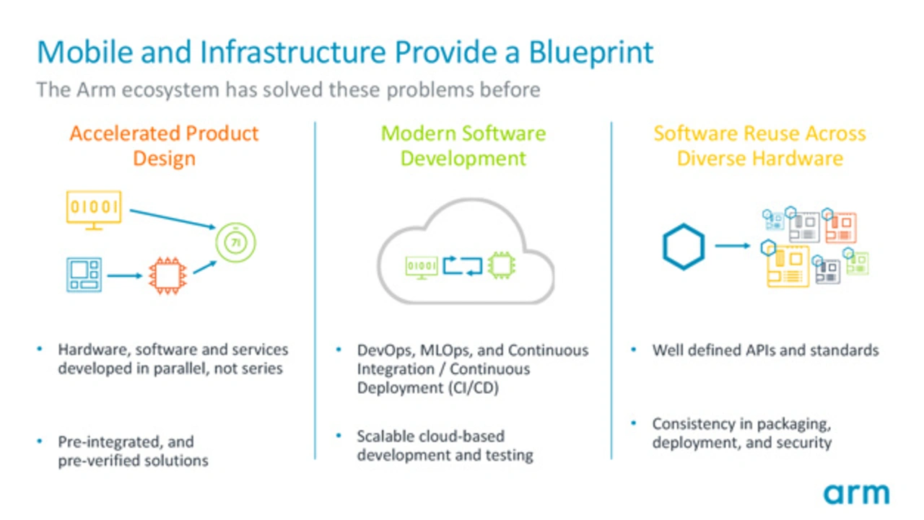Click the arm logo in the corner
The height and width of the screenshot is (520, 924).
(x=856, y=494)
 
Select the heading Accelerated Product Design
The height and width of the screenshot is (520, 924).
(x=164, y=146)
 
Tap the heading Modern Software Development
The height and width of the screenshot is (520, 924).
(x=463, y=146)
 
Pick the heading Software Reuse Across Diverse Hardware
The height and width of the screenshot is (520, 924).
(x=759, y=146)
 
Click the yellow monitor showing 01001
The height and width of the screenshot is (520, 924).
(x=93, y=208)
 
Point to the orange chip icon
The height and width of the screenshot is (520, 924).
(x=167, y=275)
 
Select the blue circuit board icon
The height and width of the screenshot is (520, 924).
(x=84, y=275)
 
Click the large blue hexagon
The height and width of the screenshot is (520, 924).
(x=683, y=247)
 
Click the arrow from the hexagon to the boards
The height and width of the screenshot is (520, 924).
(x=733, y=246)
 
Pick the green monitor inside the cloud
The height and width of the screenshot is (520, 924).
(x=421, y=266)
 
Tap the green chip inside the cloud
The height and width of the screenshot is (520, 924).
(x=500, y=265)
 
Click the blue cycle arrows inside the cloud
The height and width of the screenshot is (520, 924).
(x=462, y=265)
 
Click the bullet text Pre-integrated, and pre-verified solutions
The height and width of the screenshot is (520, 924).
(x=133, y=451)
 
